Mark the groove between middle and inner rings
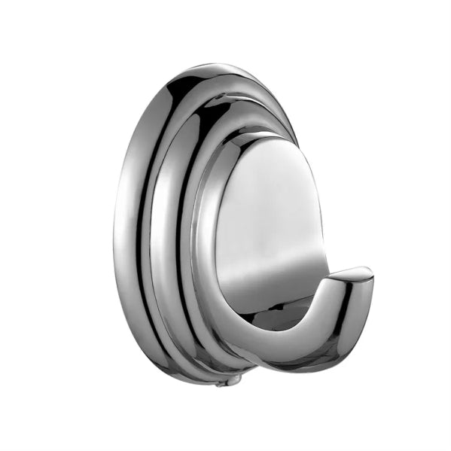point(187,226)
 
